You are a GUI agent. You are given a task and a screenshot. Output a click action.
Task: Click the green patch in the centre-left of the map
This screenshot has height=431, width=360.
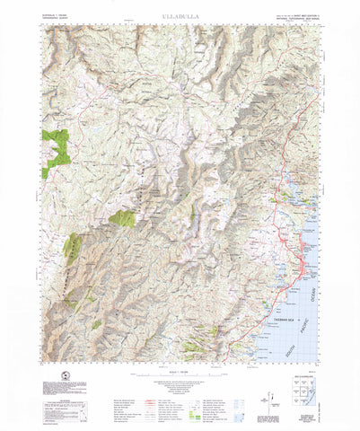pyautogui.click(x=122, y=218)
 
